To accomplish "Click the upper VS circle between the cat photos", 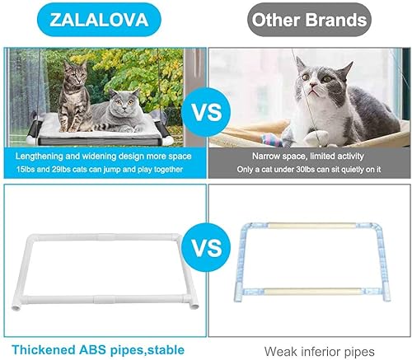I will tap(207, 110).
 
